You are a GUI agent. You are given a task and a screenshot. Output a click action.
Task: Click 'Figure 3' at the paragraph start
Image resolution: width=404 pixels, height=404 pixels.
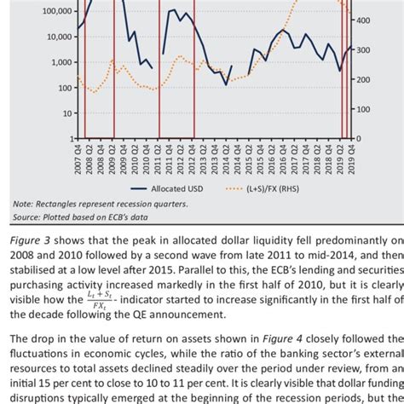point(31,240)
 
